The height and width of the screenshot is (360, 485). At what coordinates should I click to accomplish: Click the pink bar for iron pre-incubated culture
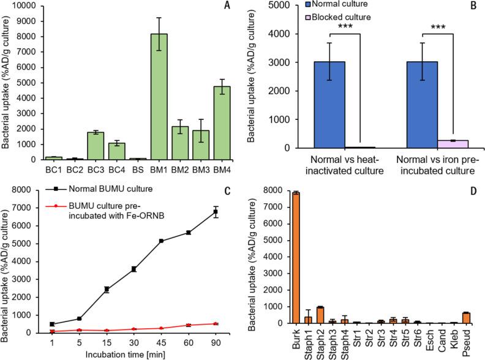446,144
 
